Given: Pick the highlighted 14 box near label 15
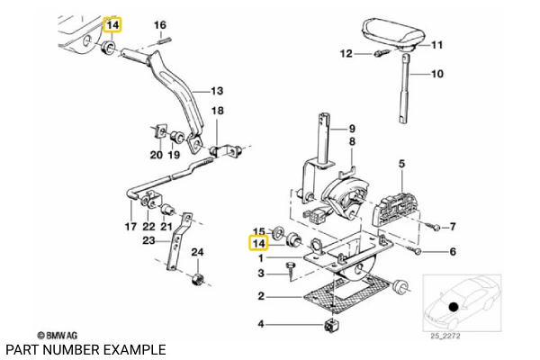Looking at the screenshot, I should coord(259,244).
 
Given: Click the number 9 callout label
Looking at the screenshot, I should coord(352,128).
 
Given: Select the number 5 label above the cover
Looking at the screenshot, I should coord(402,163).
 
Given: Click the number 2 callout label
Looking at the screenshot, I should coord(260,296).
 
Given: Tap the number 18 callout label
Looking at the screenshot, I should coord(216,111).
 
